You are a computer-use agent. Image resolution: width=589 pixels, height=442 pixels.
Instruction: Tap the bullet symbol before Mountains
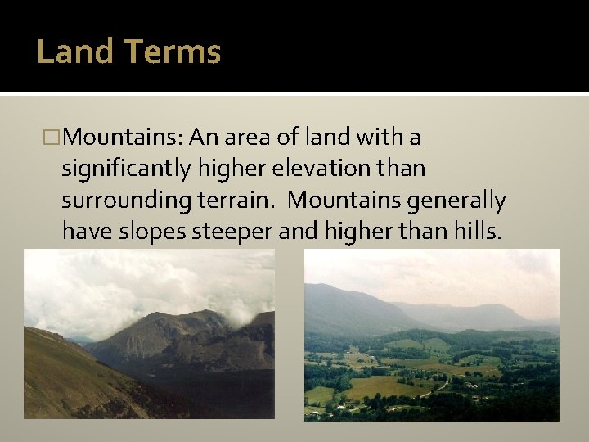click(55, 138)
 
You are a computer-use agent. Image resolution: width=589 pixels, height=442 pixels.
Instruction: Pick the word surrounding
click(119, 201)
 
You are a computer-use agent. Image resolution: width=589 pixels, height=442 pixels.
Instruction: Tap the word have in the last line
click(84, 232)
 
